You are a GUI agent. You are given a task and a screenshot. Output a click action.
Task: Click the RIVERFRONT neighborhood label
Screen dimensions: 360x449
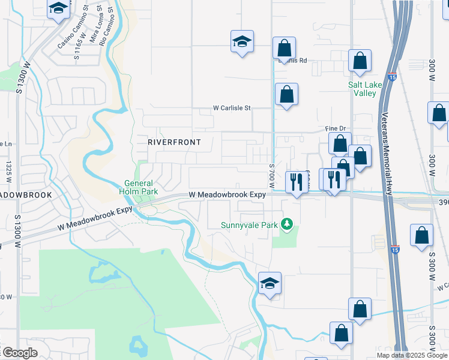coord(173,142)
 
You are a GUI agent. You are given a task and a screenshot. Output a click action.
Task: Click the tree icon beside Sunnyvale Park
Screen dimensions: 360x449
coord(288,224)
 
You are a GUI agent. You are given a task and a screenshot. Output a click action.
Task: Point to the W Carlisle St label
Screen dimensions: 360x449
coord(232,109)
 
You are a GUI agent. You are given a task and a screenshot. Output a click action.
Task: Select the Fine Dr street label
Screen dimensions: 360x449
coord(336,128)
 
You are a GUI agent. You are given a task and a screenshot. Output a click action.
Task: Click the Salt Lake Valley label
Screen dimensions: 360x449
coord(365,89)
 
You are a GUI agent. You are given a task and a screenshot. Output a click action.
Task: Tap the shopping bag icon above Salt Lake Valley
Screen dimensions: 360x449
coord(360,61)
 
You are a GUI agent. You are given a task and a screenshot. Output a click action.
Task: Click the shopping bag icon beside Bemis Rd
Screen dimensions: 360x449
coord(284,48)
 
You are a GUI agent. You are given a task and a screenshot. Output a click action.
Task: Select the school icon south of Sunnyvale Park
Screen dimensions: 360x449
coord(270,283)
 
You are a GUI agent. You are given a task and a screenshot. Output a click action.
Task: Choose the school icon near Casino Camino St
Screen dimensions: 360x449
coord(58,8)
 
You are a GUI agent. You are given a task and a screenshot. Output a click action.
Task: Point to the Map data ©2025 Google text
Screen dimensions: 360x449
coord(412,355)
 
